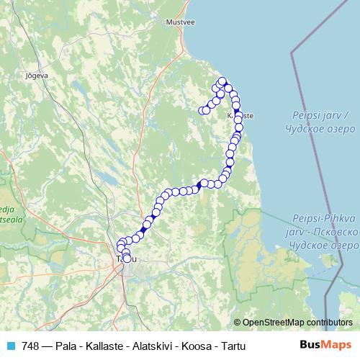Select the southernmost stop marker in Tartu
coord(127,258)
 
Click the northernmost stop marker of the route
coord(222,81)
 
